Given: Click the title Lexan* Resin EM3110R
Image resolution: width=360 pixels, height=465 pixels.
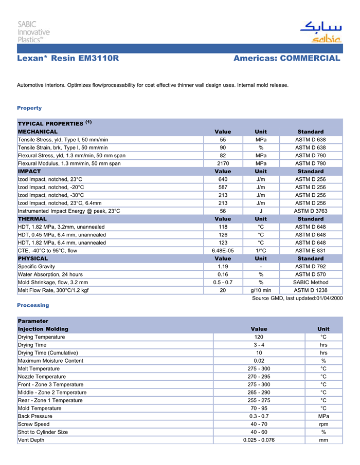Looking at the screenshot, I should click(68, 59).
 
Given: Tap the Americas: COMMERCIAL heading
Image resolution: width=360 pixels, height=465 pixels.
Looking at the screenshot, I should click(286, 59).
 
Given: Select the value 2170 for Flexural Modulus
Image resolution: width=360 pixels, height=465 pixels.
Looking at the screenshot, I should click(223, 163).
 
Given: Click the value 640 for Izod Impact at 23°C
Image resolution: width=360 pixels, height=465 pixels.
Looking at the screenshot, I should click(223, 179).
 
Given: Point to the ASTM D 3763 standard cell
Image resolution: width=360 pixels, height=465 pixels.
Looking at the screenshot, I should click(310, 211).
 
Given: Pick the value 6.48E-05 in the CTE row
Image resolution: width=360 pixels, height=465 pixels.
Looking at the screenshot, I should click(223, 250).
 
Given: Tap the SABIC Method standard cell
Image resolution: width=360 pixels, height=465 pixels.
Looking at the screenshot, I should click(310, 282).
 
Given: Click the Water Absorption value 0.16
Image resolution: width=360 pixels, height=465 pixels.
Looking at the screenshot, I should click(223, 274).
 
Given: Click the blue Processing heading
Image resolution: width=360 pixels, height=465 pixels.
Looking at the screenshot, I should click(33, 305).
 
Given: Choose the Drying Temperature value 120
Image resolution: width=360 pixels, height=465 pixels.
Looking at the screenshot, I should click(259, 337).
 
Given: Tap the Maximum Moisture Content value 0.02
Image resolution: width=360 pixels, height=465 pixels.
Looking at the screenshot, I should click(259, 361).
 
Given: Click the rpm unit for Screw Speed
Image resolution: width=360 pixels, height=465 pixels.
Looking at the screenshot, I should click(323, 424).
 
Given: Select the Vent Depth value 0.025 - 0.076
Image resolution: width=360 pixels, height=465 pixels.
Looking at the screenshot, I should click(259, 440).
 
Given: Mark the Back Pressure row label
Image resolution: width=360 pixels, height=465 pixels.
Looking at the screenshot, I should click(35, 416).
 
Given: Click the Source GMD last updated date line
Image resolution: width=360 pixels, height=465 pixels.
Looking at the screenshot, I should click(297, 298).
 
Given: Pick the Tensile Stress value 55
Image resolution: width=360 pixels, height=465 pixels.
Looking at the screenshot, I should click(223, 140).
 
